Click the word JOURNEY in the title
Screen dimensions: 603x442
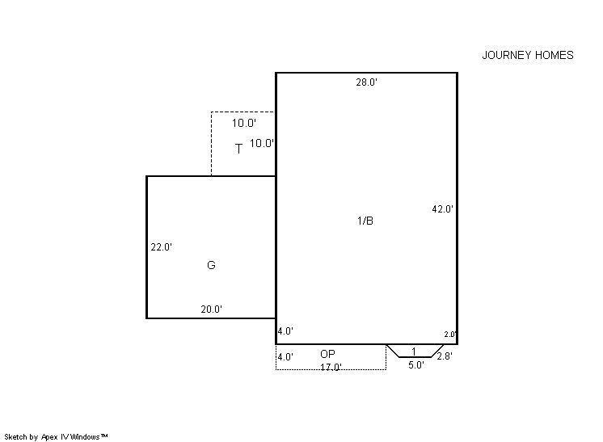[507, 55]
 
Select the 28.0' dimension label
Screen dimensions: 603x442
[366, 82]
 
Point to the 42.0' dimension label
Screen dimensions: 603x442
[443, 209]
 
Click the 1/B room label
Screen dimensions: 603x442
[365, 221]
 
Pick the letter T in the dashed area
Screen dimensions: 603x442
[238, 149]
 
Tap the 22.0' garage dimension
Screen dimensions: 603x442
[162, 247]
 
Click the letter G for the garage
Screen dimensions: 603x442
[211, 265]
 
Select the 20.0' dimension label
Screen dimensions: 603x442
[212, 309]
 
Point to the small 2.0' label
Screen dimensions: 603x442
[450, 335]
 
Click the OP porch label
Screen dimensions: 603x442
[327, 354]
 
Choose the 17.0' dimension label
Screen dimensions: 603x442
[331, 367]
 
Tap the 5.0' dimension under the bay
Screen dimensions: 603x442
[416, 365]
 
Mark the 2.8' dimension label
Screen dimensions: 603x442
[445, 356]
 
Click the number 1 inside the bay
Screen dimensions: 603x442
[414, 351]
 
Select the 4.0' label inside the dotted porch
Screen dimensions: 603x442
[285, 357]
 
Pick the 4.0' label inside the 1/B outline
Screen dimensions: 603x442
[285, 331]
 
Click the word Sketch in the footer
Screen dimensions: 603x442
[16, 437]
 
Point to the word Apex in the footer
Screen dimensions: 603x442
[48, 437]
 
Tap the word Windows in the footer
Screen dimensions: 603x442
[86, 437]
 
